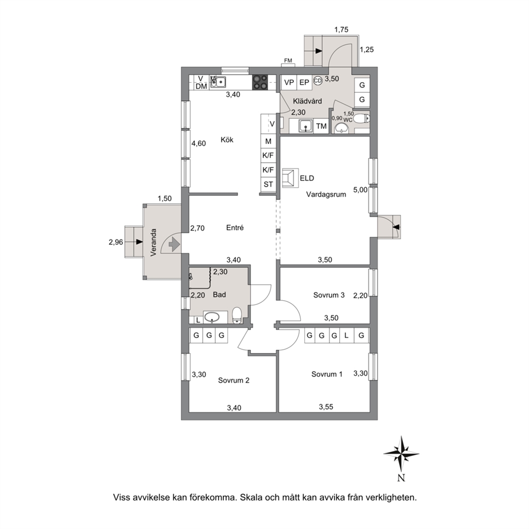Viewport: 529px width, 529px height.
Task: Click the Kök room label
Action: (x=227, y=140)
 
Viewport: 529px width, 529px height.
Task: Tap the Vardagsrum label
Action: (x=326, y=194)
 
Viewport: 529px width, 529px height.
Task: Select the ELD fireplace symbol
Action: (x=291, y=178)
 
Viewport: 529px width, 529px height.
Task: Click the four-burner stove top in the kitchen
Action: (x=260, y=82)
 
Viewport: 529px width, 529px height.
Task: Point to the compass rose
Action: (x=401, y=454)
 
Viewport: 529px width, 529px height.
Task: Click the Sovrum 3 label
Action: (x=328, y=295)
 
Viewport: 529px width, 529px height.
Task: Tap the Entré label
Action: (x=235, y=228)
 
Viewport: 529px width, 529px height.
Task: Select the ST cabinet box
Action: (x=268, y=184)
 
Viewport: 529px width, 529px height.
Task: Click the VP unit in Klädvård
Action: (x=289, y=82)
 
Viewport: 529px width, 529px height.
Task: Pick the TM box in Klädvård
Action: (x=322, y=126)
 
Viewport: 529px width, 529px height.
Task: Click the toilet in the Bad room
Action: (x=237, y=315)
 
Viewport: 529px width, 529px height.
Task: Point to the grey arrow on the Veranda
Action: (x=174, y=244)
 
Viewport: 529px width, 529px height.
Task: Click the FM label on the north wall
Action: (x=288, y=61)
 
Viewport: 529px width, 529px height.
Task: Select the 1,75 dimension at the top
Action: (x=341, y=30)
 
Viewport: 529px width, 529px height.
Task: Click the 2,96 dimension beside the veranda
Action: (x=116, y=242)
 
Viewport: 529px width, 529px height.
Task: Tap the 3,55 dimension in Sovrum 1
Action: (x=326, y=407)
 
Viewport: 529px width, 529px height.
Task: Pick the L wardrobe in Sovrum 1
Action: (x=346, y=335)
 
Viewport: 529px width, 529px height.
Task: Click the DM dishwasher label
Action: (x=201, y=86)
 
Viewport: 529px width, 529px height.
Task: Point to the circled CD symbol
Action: (x=318, y=81)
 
